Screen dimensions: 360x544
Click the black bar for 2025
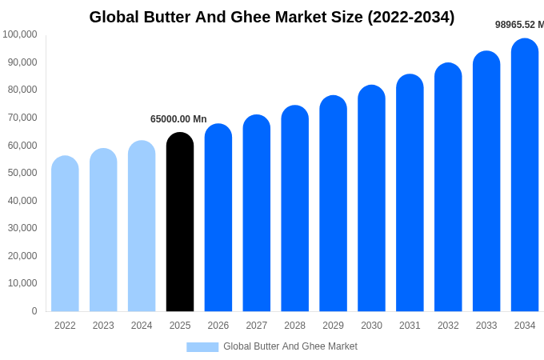pyautogui.click(x=180, y=224)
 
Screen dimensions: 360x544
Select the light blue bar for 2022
pyautogui.click(x=65, y=236)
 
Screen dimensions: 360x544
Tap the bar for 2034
pyautogui.click(x=525, y=176)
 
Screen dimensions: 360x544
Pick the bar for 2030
pyautogui.click(x=371, y=200)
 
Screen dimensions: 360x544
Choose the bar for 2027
pyautogui.click(x=257, y=214)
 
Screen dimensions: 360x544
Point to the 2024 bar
pyautogui.click(x=142, y=228)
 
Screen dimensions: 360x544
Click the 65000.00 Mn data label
pyautogui.click(x=178, y=119)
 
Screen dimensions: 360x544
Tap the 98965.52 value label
pyautogui.click(x=518, y=25)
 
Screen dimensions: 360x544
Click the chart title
pyautogui.click(x=272, y=17)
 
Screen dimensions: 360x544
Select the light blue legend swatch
pyautogui.click(x=202, y=347)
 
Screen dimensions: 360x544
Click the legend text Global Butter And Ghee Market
pyautogui.click(x=290, y=346)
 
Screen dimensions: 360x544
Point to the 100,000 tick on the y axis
pyautogui.click(x=20, y=34)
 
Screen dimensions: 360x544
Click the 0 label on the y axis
pyautogui.click(x=34, y=311)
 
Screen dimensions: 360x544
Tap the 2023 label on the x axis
pyautogui.click(x=103, y=326)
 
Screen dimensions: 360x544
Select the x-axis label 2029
pyautogui.click(x=333, y=326)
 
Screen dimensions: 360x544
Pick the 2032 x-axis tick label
pyautogui.click(x=448, y=326)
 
